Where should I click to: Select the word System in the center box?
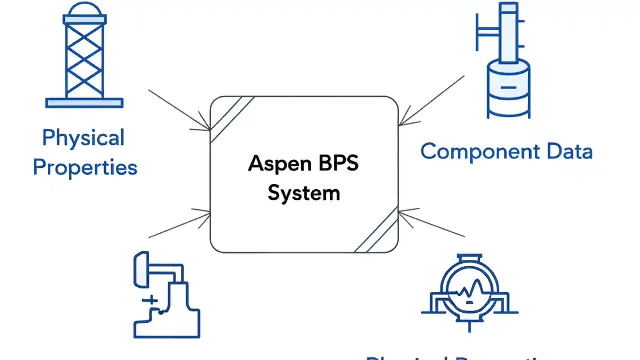pos(303,193)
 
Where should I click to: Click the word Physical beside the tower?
pos(83,138)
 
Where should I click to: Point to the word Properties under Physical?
pos(85,168)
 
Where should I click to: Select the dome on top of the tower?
pos(84,10)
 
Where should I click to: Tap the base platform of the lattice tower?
pos(84,103)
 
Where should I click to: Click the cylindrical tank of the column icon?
pos(508,88)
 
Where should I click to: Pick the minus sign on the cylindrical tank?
pos(508,87)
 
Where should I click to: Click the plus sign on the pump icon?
pos(150,300)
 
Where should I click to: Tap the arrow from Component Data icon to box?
pos(432,100)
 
